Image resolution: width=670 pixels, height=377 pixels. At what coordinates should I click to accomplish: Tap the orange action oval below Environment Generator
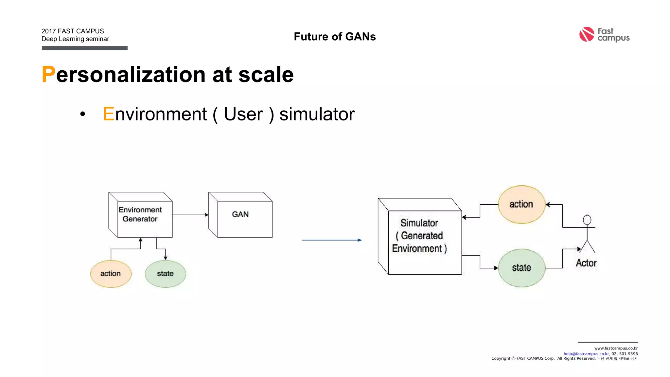click(x=111, y=274)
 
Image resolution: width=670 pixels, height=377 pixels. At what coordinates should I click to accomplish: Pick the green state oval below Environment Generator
click(x=165, y=274)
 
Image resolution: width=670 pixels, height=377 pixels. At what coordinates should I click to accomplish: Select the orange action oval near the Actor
click(x=521, y=205)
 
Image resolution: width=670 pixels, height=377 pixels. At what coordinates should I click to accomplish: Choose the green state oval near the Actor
click(x=521, y=268)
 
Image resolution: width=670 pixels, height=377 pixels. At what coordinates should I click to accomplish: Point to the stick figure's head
click(x=587, y=220)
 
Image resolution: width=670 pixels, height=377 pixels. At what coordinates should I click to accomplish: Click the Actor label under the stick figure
click(x=586, y=263)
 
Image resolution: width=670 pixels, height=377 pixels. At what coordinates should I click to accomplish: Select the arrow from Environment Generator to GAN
click(x=190, y=215)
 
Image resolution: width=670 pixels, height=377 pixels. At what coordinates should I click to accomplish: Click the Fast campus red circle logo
click(x=587, y=34)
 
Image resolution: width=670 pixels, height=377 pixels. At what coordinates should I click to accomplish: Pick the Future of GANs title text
click(x=335, y=37)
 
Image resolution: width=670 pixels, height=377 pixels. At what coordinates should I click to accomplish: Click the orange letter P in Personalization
click(x=48, y=75)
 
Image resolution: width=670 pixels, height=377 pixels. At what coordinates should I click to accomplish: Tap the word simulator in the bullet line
click(x=317, y=114)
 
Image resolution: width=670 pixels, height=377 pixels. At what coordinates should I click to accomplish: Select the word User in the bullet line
click(x=243, y=114)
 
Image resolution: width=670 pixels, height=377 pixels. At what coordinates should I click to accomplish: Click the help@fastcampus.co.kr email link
click(x=586, y=354)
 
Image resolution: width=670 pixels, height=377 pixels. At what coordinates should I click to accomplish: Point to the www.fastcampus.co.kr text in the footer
click(x=616, y=348)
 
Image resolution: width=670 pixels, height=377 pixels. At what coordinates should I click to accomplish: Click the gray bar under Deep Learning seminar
click(x=84, y=48)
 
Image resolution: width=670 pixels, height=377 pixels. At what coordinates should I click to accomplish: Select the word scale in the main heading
click(x=266, y=75)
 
